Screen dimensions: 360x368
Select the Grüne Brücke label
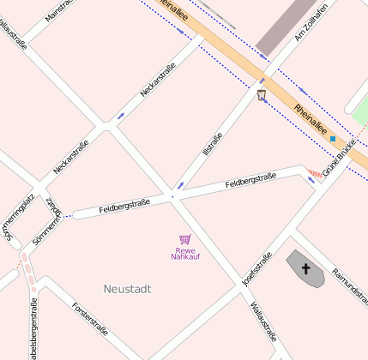tap(339, 157)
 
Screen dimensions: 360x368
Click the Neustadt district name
tap(127, 289)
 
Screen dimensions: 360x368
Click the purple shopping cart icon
tap(184, 239)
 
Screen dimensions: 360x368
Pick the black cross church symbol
tap(305, 269)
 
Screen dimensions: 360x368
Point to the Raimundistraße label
tap(352, 284)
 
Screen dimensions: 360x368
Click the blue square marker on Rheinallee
tap(332, 138)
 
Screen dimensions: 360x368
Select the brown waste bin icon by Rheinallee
tap(262, 94)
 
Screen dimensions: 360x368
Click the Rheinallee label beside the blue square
tap(309, 121)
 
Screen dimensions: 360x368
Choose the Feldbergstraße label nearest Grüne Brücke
tap(250, 180)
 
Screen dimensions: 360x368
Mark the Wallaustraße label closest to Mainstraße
tap(12, 28)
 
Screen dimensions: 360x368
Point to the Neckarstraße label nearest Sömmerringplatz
tap(70, 157)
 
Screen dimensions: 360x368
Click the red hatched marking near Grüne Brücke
tap(314, 175)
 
